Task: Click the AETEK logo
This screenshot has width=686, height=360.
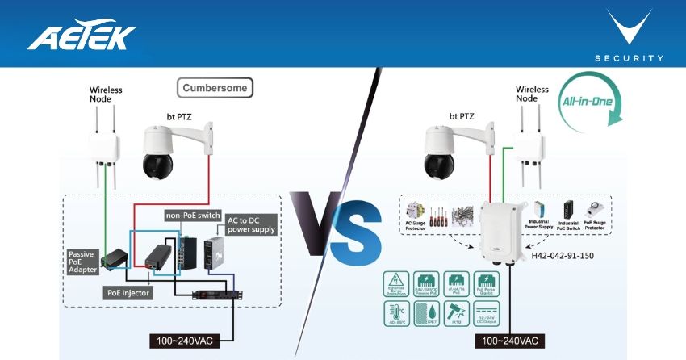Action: coord(82,36)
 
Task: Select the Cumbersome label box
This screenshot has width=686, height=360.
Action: coord(215,87)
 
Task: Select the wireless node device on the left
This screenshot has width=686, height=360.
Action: coord(106,146)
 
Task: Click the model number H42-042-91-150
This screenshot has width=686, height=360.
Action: coord(563,255)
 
